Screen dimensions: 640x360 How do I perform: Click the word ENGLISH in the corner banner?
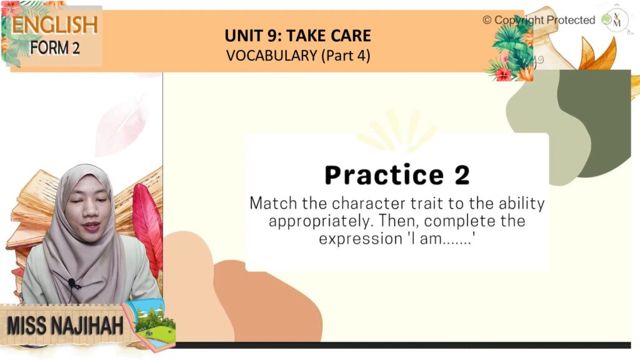pyautogui.click(x=55, y=25)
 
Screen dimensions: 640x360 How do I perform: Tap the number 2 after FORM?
pyautogui.click(x=76, y=48)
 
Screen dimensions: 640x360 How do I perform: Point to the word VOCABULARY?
pyautogui.click(x=272, y=56)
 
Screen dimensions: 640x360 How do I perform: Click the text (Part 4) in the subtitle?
pyautogui.click(x=346, y=56)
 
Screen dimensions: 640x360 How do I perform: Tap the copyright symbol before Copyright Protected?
pyautogui.click(x=487, y=20)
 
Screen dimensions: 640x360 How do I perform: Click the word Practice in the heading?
pyautogui.click(x=384, y=176)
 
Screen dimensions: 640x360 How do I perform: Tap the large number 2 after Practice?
pyautogui.click(x=462, y=175)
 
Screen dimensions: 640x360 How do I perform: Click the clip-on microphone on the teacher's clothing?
pyautogui.click(x=72, y=282)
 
